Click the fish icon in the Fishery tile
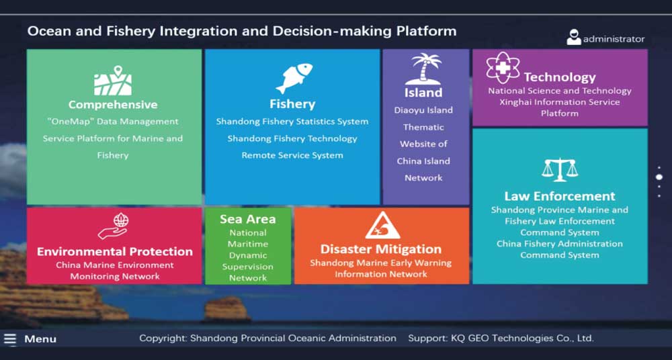pyautogui.click(x=294, y=78)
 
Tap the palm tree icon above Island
pyautogui.click(x=423, y=69)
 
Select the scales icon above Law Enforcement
pyautogui.click(x=560, y=170)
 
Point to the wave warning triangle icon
pyautogui.click(x=382, y=226)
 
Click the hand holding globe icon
pyautogui.click(x=113, y=226)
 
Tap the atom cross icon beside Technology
pyautogui.click(x=503, y=68)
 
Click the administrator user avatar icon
pyautogui.click(x=574, y=38)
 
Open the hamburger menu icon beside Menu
pyautogui.click(x=10, y=339)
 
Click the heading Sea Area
pyautogui.click(x=248, y=219)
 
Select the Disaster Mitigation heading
pyautogui.click(x=381, y=249)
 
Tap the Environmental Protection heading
pyautogui.click(x=115, y=252)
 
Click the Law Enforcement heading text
pyautogui.click(x=560, y=196)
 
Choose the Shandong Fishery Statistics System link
pyautogui.click(x=292, y=122)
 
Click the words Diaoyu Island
pyautogui.click(x=423, y=110)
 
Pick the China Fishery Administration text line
pyautogui.click(x=560, y=244)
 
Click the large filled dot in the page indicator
pyautogui.click(x=659, y=177)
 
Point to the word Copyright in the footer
pyautogui.click(x=163, y=339)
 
